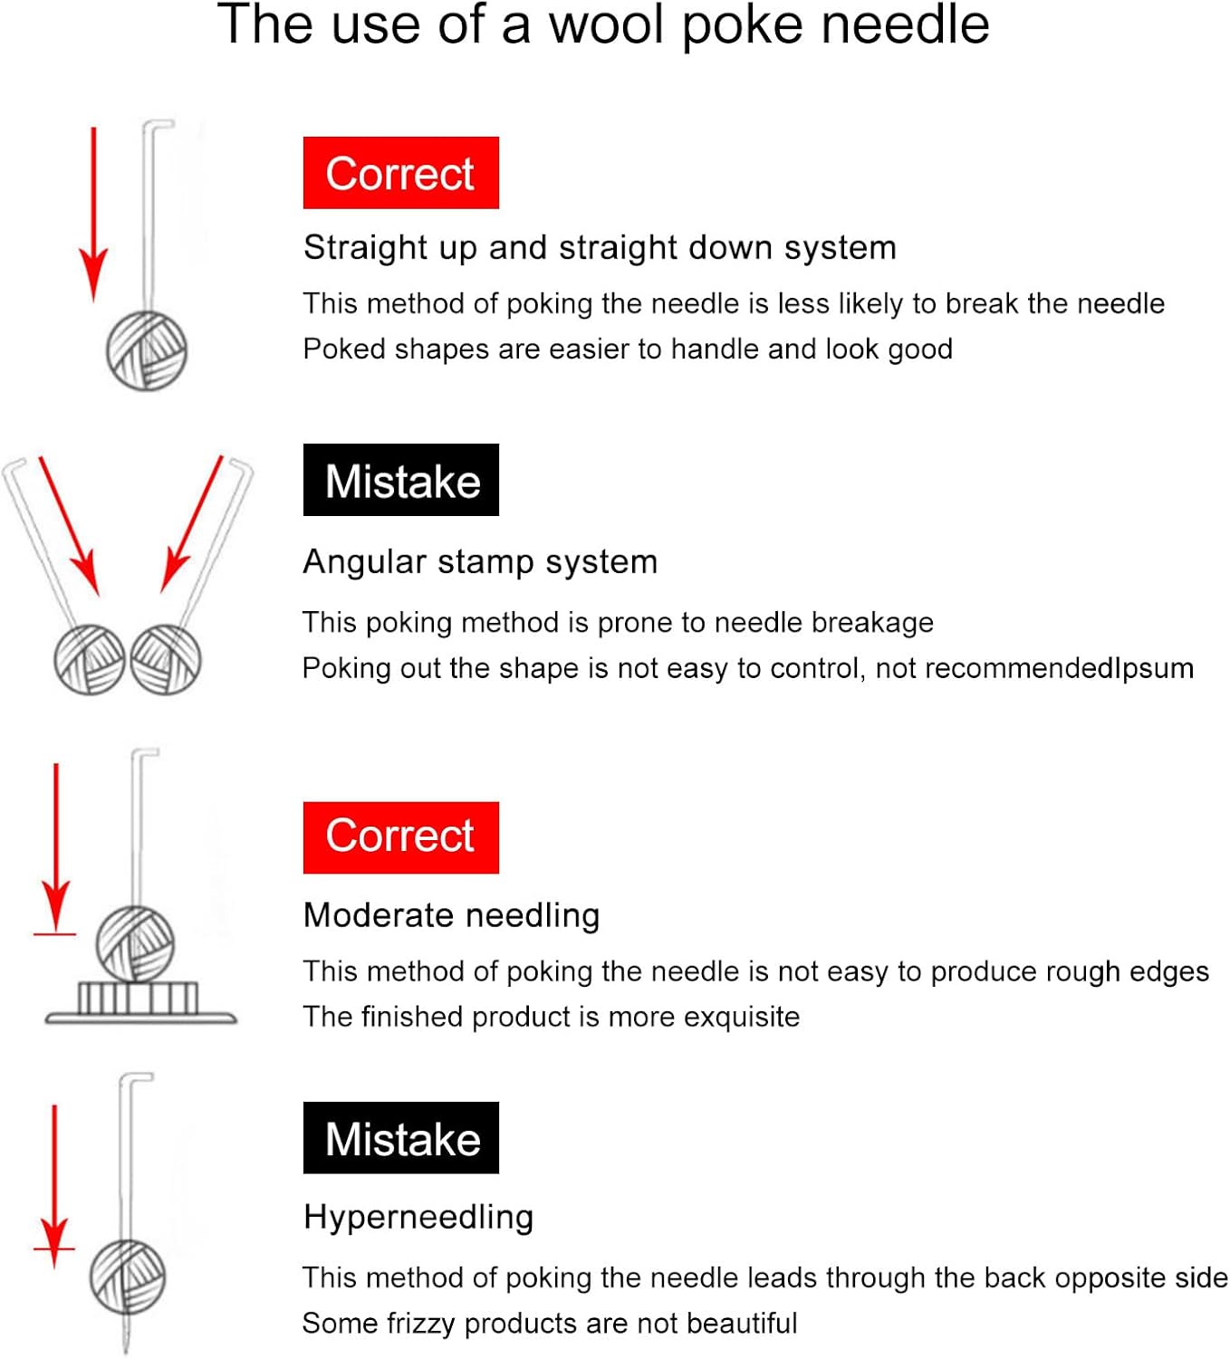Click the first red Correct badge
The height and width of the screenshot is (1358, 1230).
pyautogui.click(x=400, y=173)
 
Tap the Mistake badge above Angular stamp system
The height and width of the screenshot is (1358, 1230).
pyautogui.click(x=400, y=480)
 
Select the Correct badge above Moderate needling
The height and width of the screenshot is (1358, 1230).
pyautogui.click(x=400, y=837)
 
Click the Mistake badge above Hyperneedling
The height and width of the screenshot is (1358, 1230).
pyautogui.click(x=400, y=1138)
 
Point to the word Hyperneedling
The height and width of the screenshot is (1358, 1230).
pyautogui.click(x=418, y=1217)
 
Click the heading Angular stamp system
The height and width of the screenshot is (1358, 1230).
pyautogui.click(x=480, y=562)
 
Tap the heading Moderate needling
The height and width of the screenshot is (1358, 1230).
pyautogui.click(x=451, y=915)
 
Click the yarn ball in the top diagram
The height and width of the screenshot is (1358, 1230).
pyautogui.click(x=147, y=350)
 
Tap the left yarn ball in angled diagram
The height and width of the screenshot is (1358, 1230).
pyautogui.click(x=89, y=659)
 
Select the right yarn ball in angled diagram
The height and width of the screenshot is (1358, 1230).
pyautogui.click(x=166, y=659)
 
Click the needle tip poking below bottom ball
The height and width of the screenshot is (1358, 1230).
pyautogui.click(x=125, y=1335)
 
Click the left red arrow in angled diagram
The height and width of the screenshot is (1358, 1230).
pyautogui.click(x=69, y=525)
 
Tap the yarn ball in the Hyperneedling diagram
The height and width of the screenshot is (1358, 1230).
pyautogui.click(x=128, y=1277)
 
